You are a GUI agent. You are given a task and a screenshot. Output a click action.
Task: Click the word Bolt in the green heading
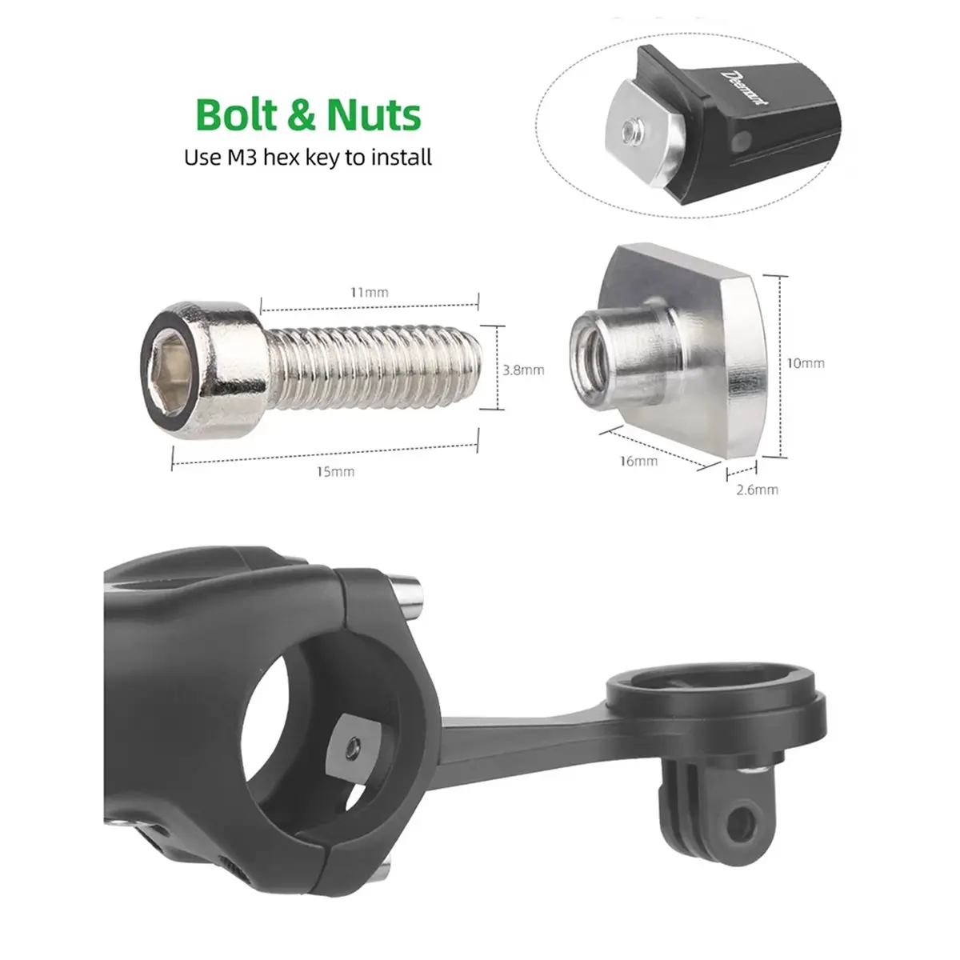pyautogui.click(x=237, y=114)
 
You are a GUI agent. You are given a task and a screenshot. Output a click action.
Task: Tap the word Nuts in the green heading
pyautogui.click(x=374, y=115)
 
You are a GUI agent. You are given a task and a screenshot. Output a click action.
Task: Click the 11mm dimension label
pyautogui.click(x=369, y=293)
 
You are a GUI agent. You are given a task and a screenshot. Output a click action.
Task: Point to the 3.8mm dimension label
pyautogui.click(x=523, y=370)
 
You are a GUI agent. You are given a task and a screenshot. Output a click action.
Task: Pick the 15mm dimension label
pyautogui.click(x=336, y=471)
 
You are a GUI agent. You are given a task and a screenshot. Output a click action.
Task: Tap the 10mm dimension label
pyautogui.click(x=806, y=363)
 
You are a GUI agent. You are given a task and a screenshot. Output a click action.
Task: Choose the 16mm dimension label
pyautogui.click(x=638, y=462)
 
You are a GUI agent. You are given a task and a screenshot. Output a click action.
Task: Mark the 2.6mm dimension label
pyautogui.click(x=758, y=490)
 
